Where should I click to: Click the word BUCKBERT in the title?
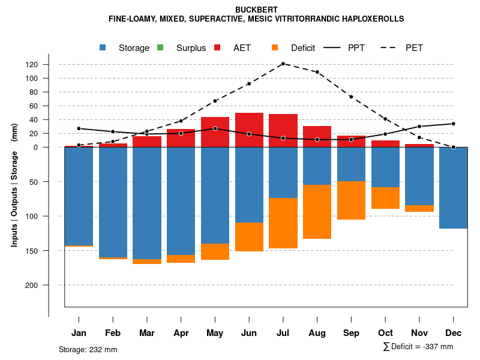pyautogui.click(x=256, y=10)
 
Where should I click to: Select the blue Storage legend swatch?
pyautogui.click(x=103, y=47)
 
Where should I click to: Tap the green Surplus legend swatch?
pyautogui.click(x=160, y=47)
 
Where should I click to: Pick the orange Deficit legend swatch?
pyautogui.click(x=275, y=47)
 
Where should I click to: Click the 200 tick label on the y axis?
pyautogui.click(x=48, y=285)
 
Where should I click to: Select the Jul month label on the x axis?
pyautogui.click(x=283, y=333)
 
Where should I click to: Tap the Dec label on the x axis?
pyautogui.click(x=454, y=333)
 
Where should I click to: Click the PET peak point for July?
pyautogui.click(x=283, y=64)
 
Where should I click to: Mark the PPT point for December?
pyautogui.click(x=454, y=124)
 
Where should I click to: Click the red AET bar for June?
pyautogui.click(x=249, y=130)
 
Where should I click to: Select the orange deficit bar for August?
pyautogui.click(x=317, y=212)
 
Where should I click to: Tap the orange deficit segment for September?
pyautogui.click(x=351, y=200)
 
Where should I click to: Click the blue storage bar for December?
pyautogui.click(x=454, y=188)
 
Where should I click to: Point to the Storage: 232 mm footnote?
pyautogui.click(x=88, y=349)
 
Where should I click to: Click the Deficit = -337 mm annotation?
pyautogui.click(x=418, y=347)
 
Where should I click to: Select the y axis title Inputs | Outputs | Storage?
pyautogui.click(x=14, y=190)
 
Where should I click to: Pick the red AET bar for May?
pyautogui.click(x=215, y=132)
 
